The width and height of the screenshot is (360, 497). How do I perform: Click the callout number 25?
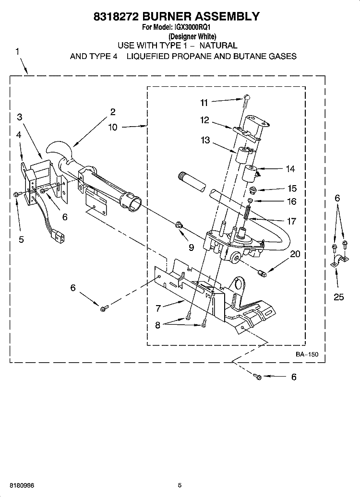click(x=338, y=297)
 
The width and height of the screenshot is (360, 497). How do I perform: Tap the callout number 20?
click(x=295, y=254)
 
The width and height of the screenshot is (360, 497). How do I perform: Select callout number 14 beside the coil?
click(x=290, y=169)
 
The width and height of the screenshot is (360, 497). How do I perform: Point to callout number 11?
click(x=204, y=102)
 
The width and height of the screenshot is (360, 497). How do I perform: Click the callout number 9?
click(x=191, y=248)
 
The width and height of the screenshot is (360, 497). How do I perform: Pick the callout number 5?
click(x=21, y=239)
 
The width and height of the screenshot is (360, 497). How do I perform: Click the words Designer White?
click(x=192, y=36)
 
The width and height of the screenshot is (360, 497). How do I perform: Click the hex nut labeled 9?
click(x=179, y=225)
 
